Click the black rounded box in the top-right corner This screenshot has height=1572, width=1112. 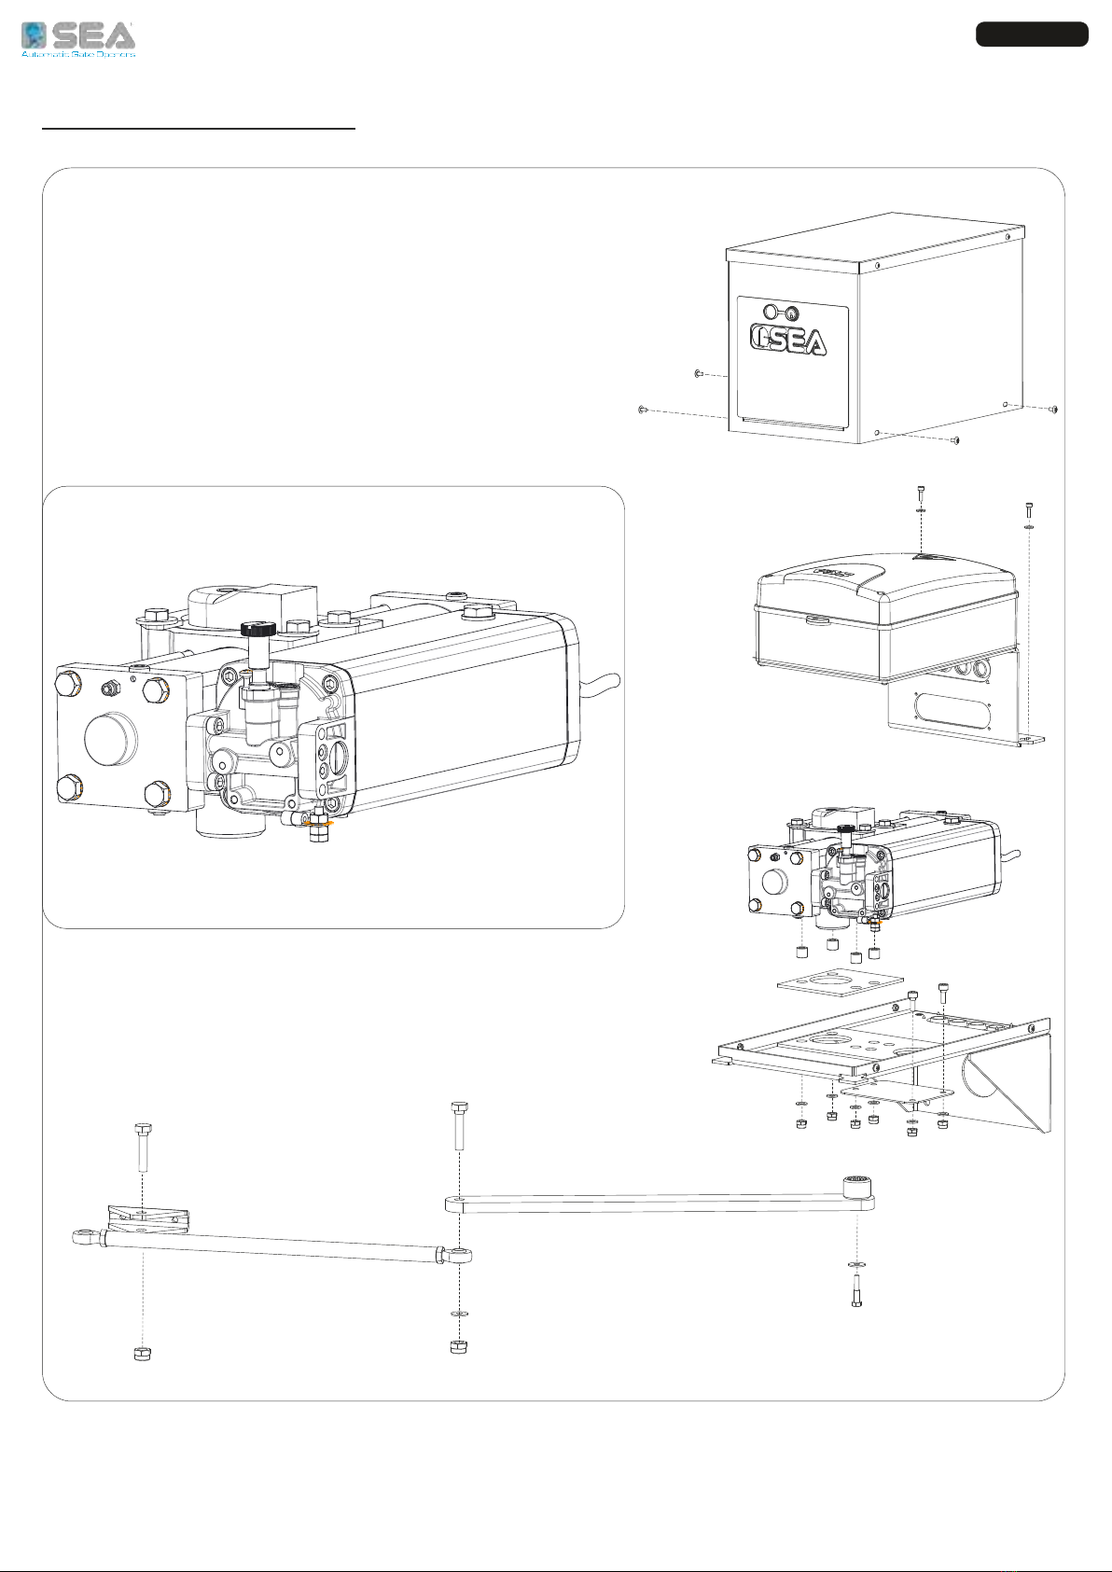click(x=1032, y=35)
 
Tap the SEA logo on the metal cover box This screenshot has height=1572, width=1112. click(x=789, y=341)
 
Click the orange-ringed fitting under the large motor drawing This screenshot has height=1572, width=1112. click(x=319, y=825)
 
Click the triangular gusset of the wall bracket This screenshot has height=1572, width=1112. click(x=1008, y=1082)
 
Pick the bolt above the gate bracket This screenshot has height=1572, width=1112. click(x=143, y=1147)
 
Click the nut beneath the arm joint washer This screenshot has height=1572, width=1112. click(x=458, y=1346)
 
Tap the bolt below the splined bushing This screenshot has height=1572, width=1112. click(x=856, y=1290)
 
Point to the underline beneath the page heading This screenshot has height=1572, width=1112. click(x=199, y=128)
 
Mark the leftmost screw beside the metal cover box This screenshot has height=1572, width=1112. click(x=642, y=409)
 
